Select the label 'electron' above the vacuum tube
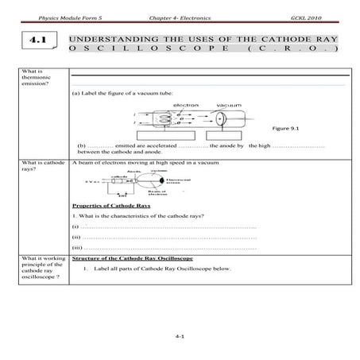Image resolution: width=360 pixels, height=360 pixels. [x=189, y=104]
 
